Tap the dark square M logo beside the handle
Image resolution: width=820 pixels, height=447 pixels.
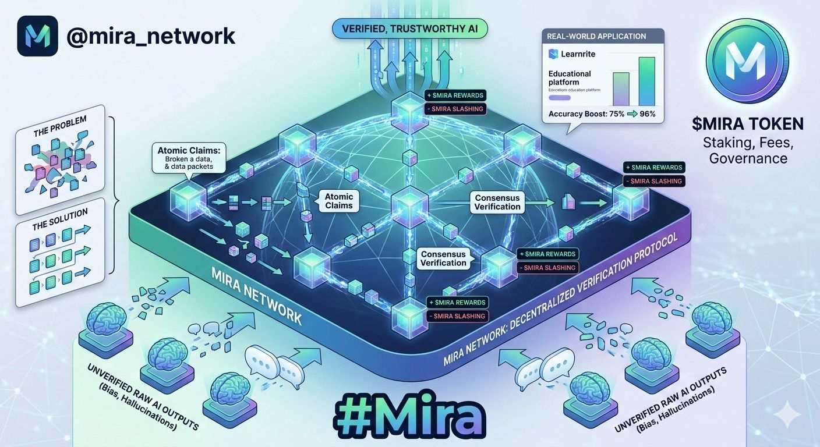pyautogui.click(x=38, y=36)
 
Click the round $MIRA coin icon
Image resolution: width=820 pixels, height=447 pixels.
pyautogui.click(x=747, y=61)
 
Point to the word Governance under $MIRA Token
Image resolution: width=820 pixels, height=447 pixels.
pyautogui.click(x=748, y=158)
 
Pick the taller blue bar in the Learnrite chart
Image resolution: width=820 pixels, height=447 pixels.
pyautogui.click(x=646, y=81)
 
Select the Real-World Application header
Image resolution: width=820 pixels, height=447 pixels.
pyautogui.click(x=596, y=36)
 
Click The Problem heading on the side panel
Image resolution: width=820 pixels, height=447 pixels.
pyautogui.click(x=60, y=126)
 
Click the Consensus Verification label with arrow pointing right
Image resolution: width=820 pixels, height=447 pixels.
pyautogui.click(x=497, y=202)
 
